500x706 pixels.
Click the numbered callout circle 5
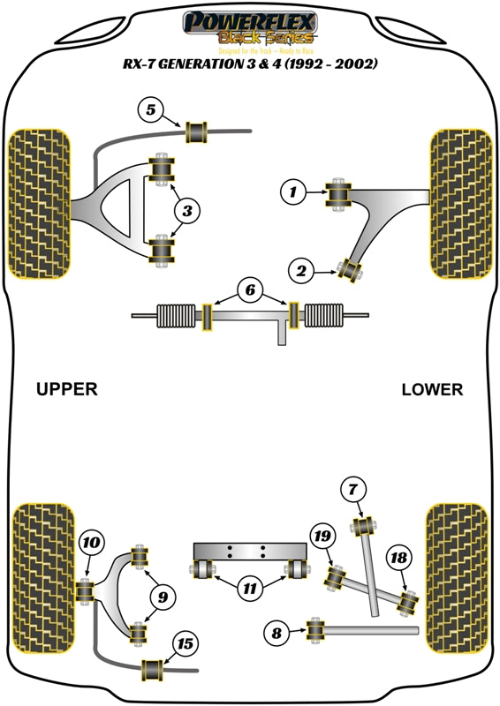(x=151, y=110)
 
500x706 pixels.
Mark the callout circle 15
(x=186, y=644)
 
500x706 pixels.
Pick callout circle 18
(x=398, y=558)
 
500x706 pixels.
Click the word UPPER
(x=66, y=388)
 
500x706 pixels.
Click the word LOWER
(x=431, y=389)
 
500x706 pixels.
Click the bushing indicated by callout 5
(x=197, y=132)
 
